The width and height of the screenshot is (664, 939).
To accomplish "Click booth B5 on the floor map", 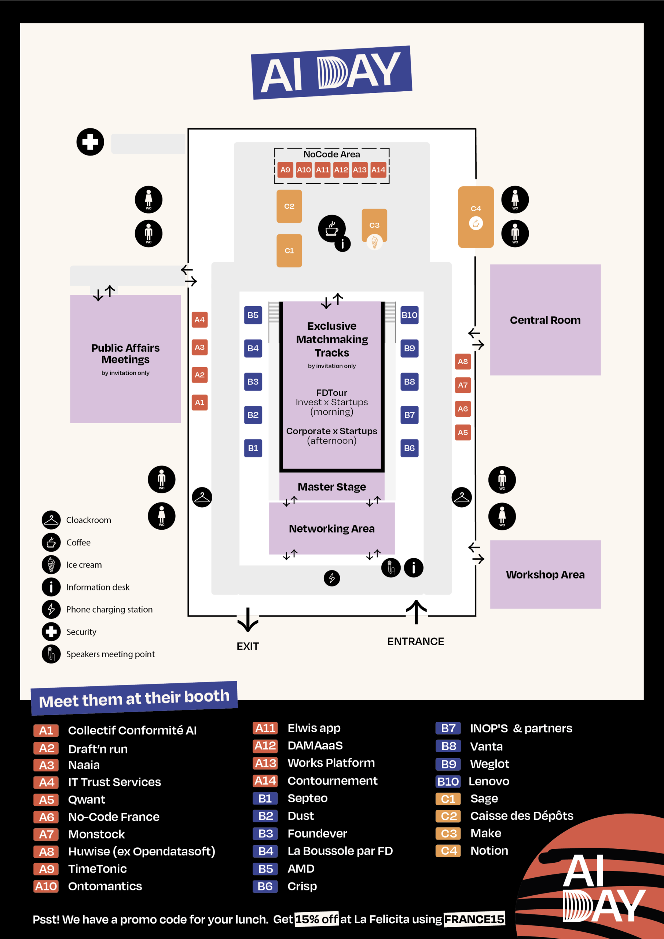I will pos(253,315).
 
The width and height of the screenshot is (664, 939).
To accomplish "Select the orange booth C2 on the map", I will pos(289,206).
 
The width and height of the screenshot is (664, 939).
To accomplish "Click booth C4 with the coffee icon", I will pos(476,217).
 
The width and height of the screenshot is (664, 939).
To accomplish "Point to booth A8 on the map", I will pos(462,362).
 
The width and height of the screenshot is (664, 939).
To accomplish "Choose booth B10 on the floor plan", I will pos(409,315).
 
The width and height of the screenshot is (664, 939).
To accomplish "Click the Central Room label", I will pos(545,320).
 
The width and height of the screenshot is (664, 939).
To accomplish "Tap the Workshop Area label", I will pos(545,575).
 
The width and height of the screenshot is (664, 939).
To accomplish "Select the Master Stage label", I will pos(331,487).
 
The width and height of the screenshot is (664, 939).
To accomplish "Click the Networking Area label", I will pos(331,529).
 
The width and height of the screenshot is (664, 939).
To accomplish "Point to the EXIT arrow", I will pos(248,620).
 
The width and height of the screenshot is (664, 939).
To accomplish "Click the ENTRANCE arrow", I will pos(416,612).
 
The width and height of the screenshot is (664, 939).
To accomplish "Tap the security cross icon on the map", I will pos(90,142).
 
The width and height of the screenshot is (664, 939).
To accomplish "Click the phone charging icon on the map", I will pos(331,578).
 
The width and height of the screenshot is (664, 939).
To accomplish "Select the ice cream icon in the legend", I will pos(51,565).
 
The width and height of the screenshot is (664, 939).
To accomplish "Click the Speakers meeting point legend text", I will pos(110,654).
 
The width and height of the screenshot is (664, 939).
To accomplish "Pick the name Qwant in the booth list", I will pos(87,800).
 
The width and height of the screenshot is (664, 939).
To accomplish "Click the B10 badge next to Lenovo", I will pos(448,782).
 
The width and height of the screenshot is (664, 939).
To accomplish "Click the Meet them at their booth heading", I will pos(134,698).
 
